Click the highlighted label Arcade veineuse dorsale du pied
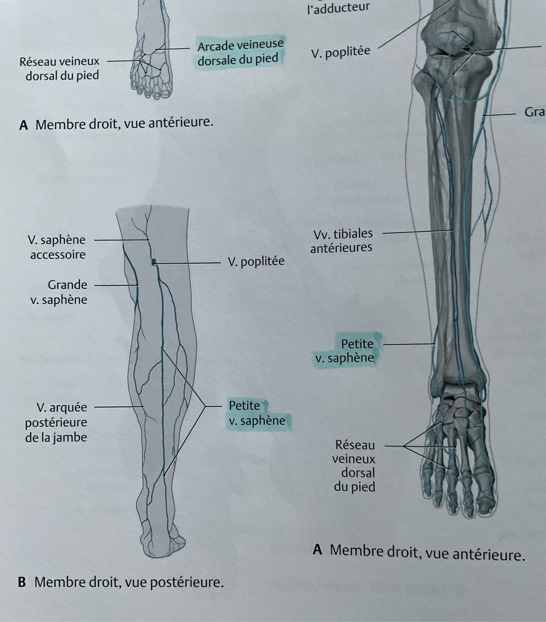(x=240, y=52)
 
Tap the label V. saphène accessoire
(x=57, y=247)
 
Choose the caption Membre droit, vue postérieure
(x=129, y=582)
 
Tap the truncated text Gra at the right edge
(x=534, y=112)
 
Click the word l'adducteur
(x=338, y=7)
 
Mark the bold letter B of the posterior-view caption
(x=22, y=582)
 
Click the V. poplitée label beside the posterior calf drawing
(x=256, y=261)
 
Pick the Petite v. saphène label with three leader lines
(x=256, y=413)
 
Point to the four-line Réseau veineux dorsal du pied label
(x=354, y=465)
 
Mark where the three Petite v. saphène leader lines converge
(x=205, y=406)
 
